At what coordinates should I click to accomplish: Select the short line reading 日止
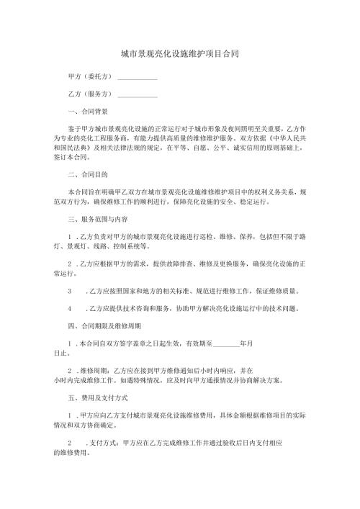(x=62, y=353)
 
